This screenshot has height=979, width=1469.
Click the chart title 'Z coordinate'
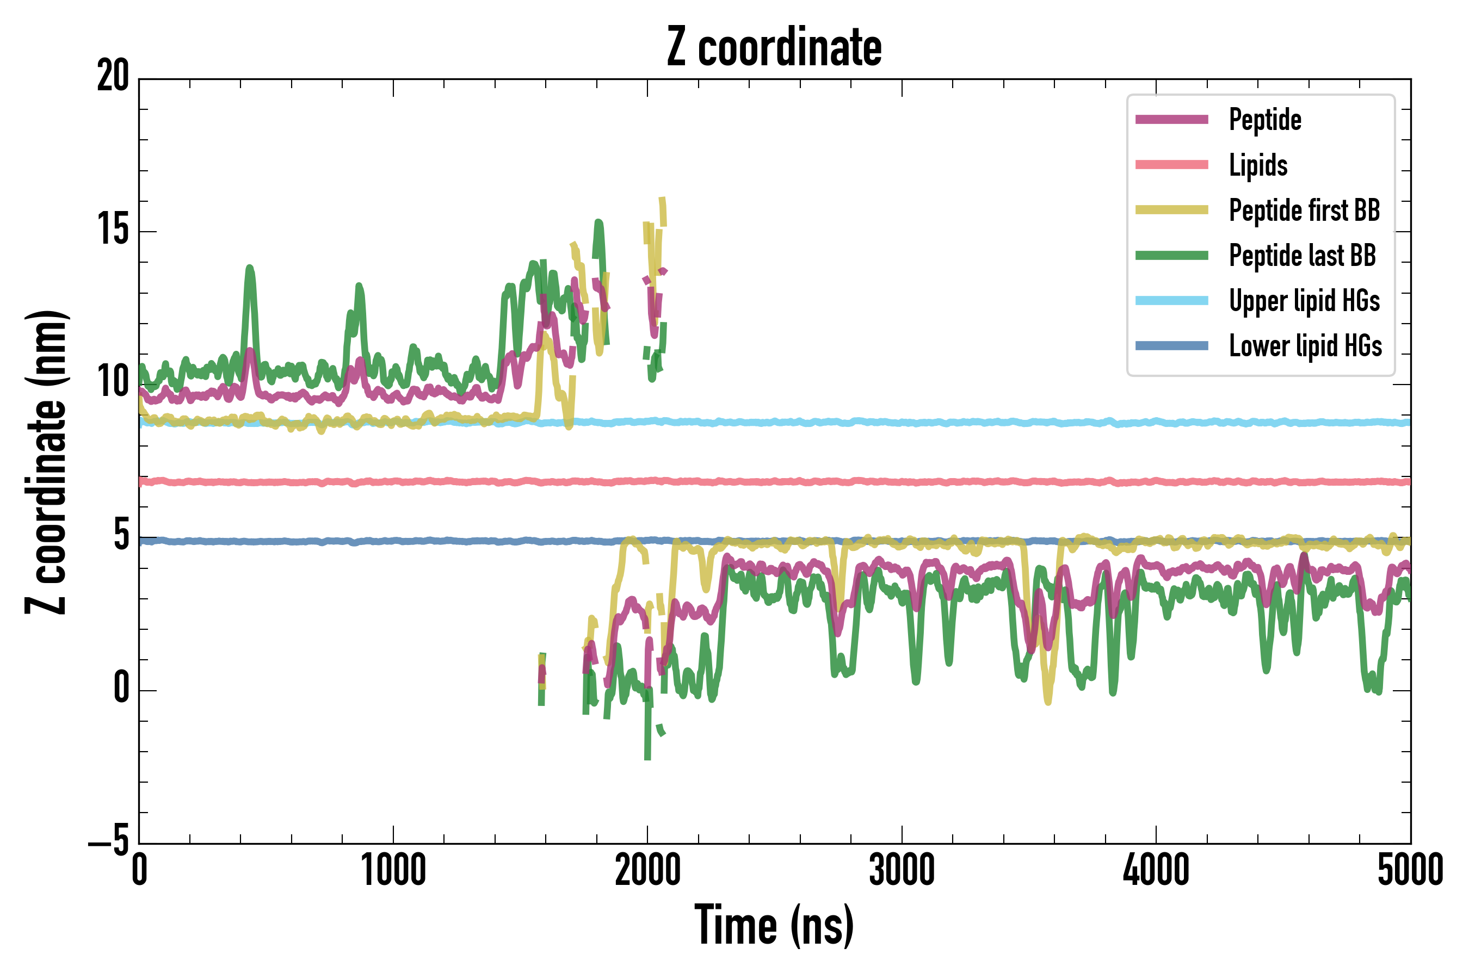[774, 47]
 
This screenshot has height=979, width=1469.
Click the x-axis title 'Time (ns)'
[774, 925]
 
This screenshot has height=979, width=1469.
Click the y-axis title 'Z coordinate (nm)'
[46, 462]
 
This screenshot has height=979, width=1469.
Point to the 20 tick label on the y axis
[113, 77]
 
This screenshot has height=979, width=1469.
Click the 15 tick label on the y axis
[113, 231]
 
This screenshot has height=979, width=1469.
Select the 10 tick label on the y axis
[113, 383]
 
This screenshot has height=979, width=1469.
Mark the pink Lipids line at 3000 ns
[902, 482]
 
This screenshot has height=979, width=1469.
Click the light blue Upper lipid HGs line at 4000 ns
[1156, 422]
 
